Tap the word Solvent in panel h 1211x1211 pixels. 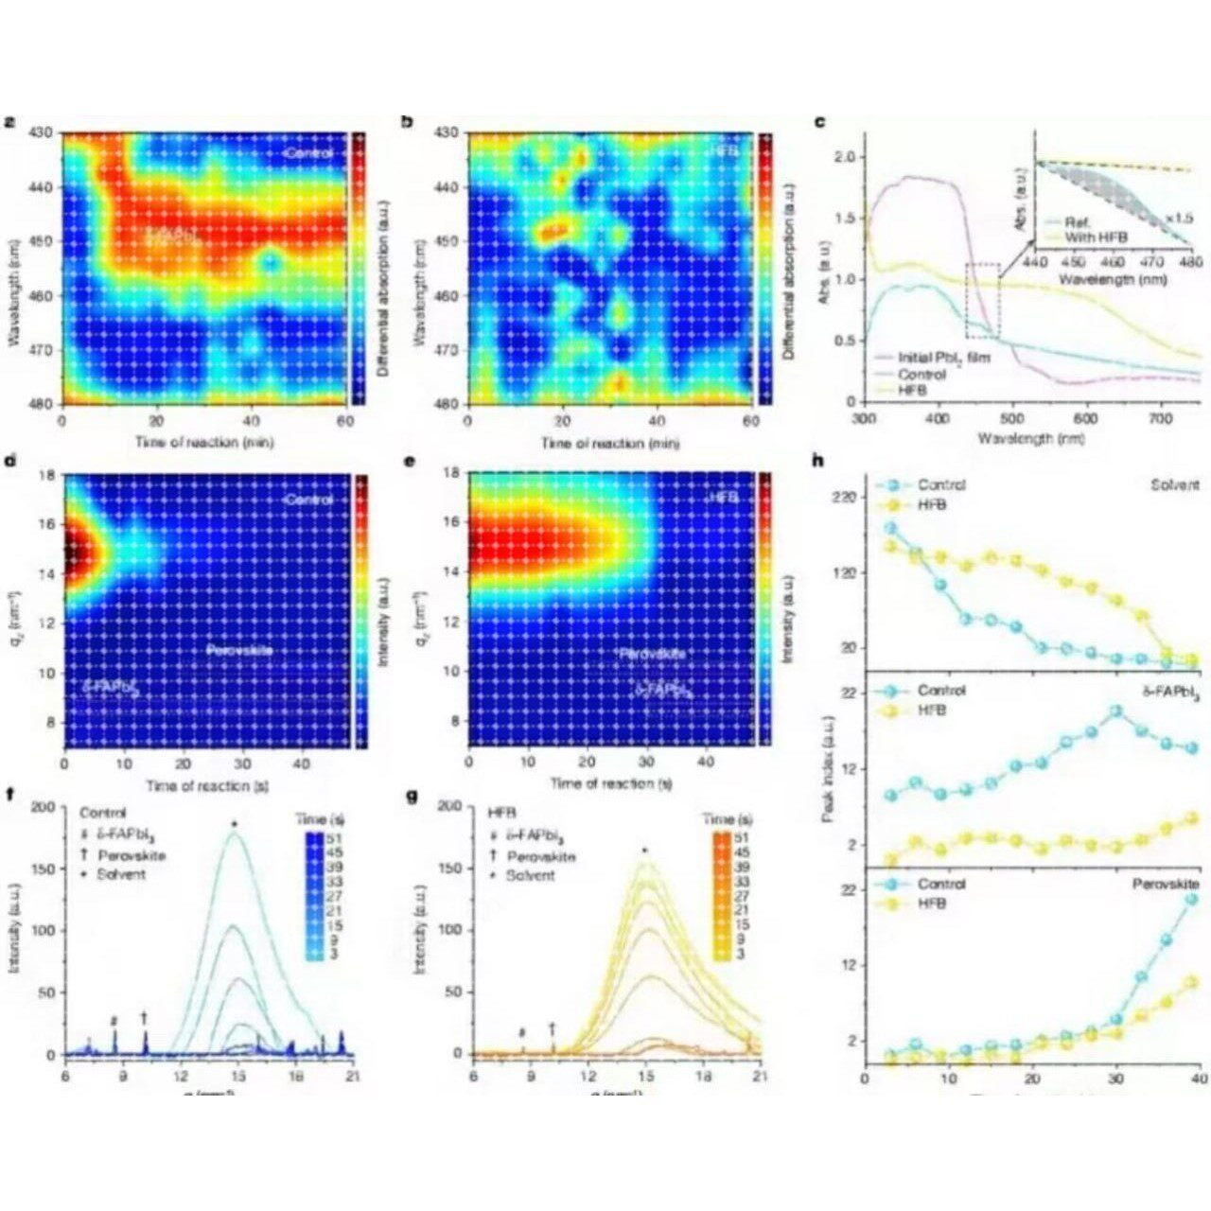pos(1177,485)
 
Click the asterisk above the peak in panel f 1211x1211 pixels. pos(234,825)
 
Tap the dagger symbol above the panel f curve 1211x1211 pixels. pos(145,1017)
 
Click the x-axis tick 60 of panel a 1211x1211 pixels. pos(344,422)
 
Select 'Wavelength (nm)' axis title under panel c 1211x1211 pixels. pos(1032,440)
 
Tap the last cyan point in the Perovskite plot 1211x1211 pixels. pos(1191,899)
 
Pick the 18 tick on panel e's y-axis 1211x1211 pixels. pos(452,472)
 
